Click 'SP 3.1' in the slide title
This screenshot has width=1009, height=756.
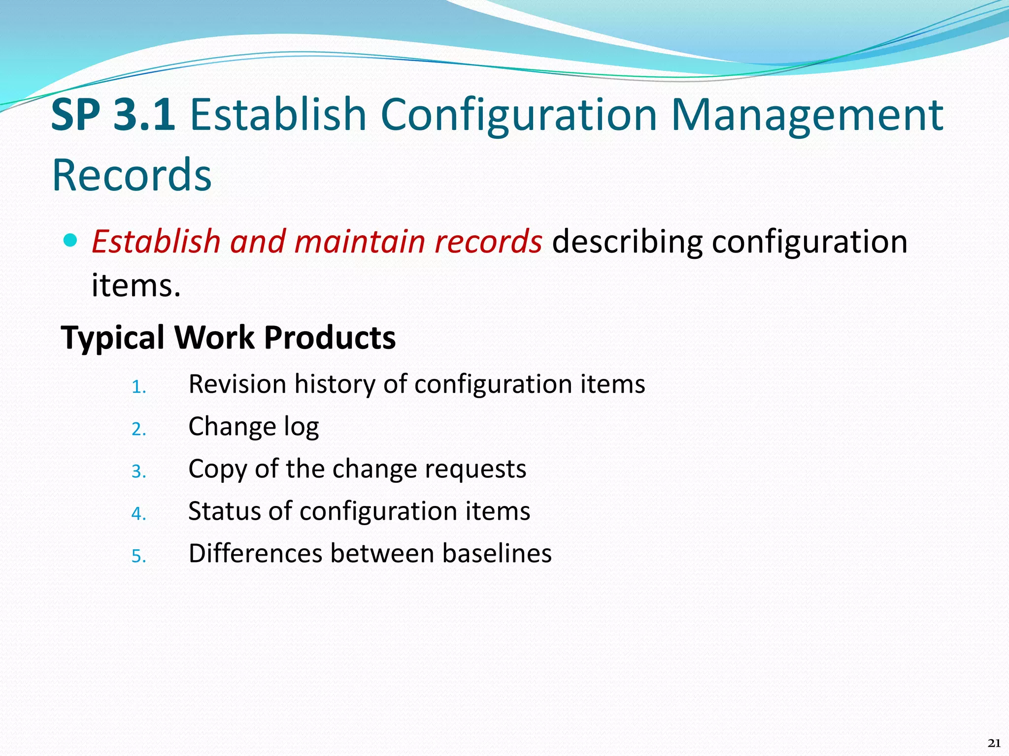pos(113,115)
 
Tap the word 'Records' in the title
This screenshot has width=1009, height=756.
pos(132,175)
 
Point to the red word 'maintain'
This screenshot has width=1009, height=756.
pos(360,242)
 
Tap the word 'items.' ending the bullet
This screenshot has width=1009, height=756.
pos(136,285)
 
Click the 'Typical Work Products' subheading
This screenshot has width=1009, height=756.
pos(228,338)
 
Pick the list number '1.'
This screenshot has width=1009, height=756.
pos(138,387)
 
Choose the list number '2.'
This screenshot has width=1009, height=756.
pos(138,430)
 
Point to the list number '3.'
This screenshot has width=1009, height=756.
pos(138,472)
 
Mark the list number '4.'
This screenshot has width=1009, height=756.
pos(138,514)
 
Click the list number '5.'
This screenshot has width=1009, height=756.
pos(138,557)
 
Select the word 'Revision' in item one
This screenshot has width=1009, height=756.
pos(237,384)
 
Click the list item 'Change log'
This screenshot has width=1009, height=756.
pos(253,427)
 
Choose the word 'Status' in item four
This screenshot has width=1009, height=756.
pos(224,511)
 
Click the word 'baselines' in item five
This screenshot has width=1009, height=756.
pos(497,553)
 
